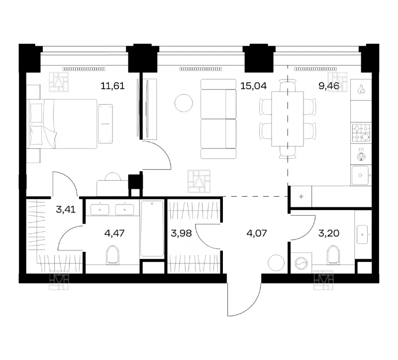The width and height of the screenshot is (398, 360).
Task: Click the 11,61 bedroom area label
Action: click(113, 86)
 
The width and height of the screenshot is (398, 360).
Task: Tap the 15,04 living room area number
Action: click(254, 86)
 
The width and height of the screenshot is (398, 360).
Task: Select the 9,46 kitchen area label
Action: click(329, 86)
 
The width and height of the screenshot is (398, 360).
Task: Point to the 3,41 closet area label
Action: click(66, 210)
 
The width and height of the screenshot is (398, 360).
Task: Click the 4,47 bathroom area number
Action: click(114, 233)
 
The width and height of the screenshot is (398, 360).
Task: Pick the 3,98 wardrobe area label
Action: click(181, 233)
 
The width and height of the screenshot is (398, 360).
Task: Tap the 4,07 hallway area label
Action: click(257, 233)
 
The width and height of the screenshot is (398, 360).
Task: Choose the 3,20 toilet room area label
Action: click(329, 233)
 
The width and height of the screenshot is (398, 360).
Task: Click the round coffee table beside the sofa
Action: click(184, 103)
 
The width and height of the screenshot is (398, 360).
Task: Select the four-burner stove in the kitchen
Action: click(361, 133)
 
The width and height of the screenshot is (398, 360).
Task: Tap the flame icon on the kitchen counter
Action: click(361, 90)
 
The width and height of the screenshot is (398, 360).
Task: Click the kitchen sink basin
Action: click(360, 175)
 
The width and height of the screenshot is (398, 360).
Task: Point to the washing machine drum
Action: click(301, 263)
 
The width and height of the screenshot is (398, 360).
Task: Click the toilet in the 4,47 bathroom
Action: click(113, 255)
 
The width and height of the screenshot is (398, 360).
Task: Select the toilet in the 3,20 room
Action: click(333, 255)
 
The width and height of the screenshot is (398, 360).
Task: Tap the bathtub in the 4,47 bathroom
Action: click(152, 229)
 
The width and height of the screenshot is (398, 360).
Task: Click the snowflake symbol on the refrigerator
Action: click(301, 196)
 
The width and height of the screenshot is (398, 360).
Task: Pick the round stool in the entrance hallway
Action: click(276, 263)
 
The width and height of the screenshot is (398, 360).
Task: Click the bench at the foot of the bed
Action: click(105, 123)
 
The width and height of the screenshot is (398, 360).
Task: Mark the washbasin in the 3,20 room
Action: click(362, 234)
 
